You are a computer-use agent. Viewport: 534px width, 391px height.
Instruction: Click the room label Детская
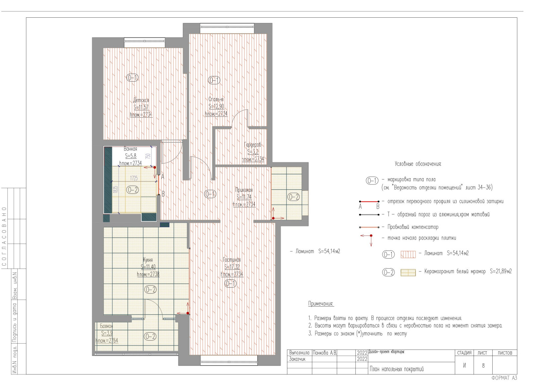click(x=141, y=100)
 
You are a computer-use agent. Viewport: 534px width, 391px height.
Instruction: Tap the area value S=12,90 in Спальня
click(x=216, y=106)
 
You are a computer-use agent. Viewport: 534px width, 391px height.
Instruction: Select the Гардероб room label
click(x=253, y=145)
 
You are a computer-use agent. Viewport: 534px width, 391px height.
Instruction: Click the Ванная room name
click(x=130, y=149)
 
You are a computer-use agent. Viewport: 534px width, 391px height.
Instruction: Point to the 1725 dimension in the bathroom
click(x=134, y=178)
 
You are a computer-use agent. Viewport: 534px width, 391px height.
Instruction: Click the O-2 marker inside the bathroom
click(x=132, y=190)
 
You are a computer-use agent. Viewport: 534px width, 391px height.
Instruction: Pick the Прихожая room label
click(x=244, y=190)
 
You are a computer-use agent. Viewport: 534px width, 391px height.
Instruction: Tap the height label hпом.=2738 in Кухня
click(x=148, y=274)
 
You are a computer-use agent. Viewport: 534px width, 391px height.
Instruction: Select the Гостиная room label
click(x=232, y=260)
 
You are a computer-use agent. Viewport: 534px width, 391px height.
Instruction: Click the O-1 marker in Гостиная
click(x=230, y=284)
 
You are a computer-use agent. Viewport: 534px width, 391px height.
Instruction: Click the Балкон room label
click(x=106, y=326)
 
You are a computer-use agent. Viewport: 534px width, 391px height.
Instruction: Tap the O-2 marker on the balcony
click(x=150, y=336)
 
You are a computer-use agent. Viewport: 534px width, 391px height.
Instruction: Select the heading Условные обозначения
click(x=418, y=164)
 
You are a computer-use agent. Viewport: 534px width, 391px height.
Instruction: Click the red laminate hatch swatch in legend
click(x=408, y=255)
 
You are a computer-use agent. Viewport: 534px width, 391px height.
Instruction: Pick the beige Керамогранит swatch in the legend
click(x=408, y=273)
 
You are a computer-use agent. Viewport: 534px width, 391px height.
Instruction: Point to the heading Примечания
click(x=321, y=304)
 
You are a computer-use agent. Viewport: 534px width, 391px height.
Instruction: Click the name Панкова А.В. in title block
click(x=324, y=353)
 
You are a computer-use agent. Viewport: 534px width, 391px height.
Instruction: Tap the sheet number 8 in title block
click(x=483, y=366)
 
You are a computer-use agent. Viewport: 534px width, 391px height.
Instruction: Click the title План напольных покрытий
click(x=396, y=369)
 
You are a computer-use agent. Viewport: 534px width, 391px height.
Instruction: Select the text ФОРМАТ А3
click(x=504, y=378)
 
